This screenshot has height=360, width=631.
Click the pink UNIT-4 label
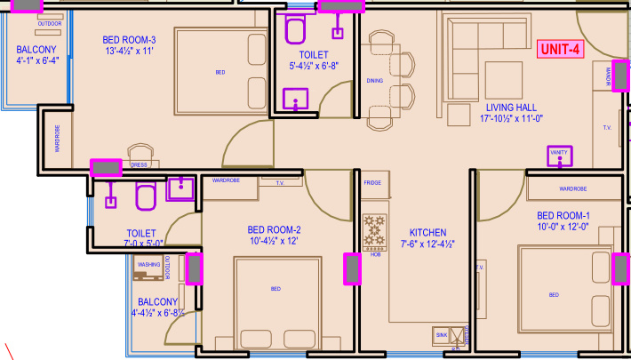click(x=560, y=50)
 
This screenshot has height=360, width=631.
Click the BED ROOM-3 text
click(x=129, y=40)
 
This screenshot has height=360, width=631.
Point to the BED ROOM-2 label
click(x=274, y=229)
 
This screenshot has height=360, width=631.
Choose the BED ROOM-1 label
click(x=563, y=216)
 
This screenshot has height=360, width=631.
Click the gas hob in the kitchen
click(x=375, y=231)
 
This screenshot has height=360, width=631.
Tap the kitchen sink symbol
click(x=442, y=335)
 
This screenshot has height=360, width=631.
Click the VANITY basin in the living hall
click(x=559, y=156)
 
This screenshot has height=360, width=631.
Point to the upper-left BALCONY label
click(x=36, y=49)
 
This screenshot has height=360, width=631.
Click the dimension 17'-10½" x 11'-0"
click(x=512, y=118)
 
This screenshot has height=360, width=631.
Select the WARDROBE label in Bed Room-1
click(x=572, y=188)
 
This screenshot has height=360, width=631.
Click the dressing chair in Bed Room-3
click(x=140, y=153)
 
